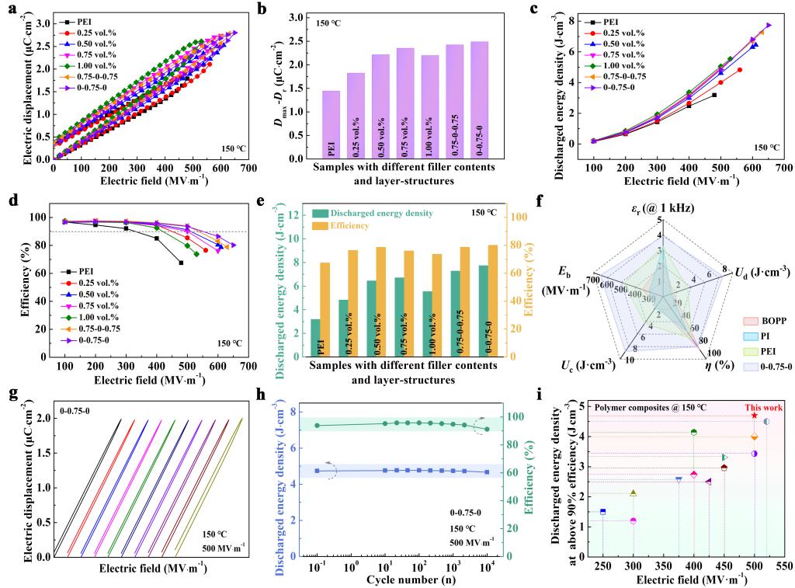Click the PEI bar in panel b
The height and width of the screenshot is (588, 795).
point(332,124)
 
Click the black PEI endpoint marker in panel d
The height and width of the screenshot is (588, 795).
point(181,263)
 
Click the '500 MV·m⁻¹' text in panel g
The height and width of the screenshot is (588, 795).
point(224,548)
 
